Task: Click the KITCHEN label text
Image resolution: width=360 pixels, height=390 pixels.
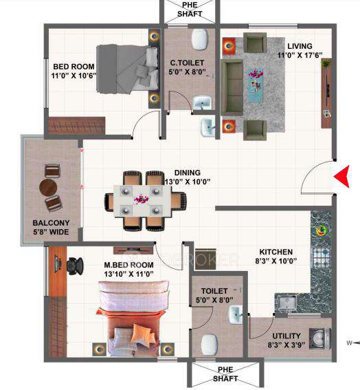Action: click(x=276, y=257)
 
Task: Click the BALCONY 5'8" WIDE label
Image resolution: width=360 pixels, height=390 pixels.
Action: click(x=51, y=228)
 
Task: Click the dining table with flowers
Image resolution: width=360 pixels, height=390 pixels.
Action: click(x=145, y=200)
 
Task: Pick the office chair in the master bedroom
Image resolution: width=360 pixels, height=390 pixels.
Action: click(x=74, y=263)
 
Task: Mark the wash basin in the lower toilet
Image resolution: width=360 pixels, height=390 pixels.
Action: click(x=236, y=315)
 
